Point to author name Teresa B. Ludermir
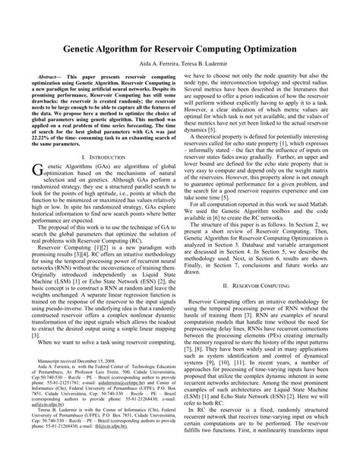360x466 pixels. pos(205,63)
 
